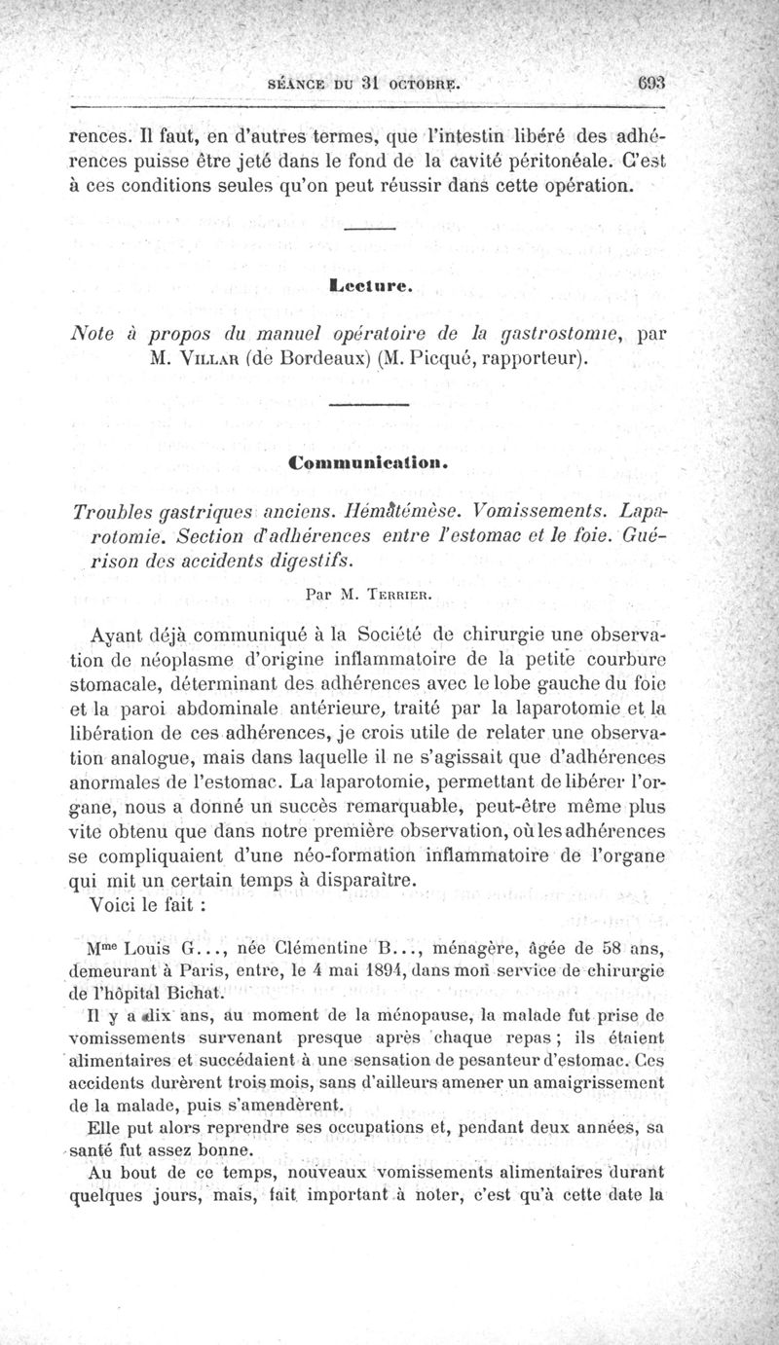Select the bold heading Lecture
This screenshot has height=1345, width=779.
pyautogui.click(x=373, y=286)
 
